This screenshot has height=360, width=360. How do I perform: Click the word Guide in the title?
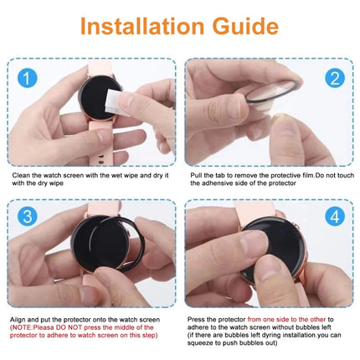tap(243, 24)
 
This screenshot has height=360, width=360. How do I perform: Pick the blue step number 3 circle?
tap(28, 217)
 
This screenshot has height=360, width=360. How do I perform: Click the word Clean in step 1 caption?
tap(21, 174)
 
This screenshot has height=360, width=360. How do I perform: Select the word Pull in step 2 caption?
tap(198, 174)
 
